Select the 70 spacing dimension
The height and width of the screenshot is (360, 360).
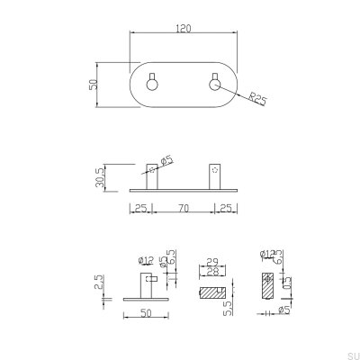(184, 210)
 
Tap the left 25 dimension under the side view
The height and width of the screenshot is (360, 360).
(140, 210)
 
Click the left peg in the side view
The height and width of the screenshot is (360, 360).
(152, 175)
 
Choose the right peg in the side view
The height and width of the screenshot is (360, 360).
(215, 175)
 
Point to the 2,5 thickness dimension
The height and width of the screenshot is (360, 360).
(101, 288)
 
